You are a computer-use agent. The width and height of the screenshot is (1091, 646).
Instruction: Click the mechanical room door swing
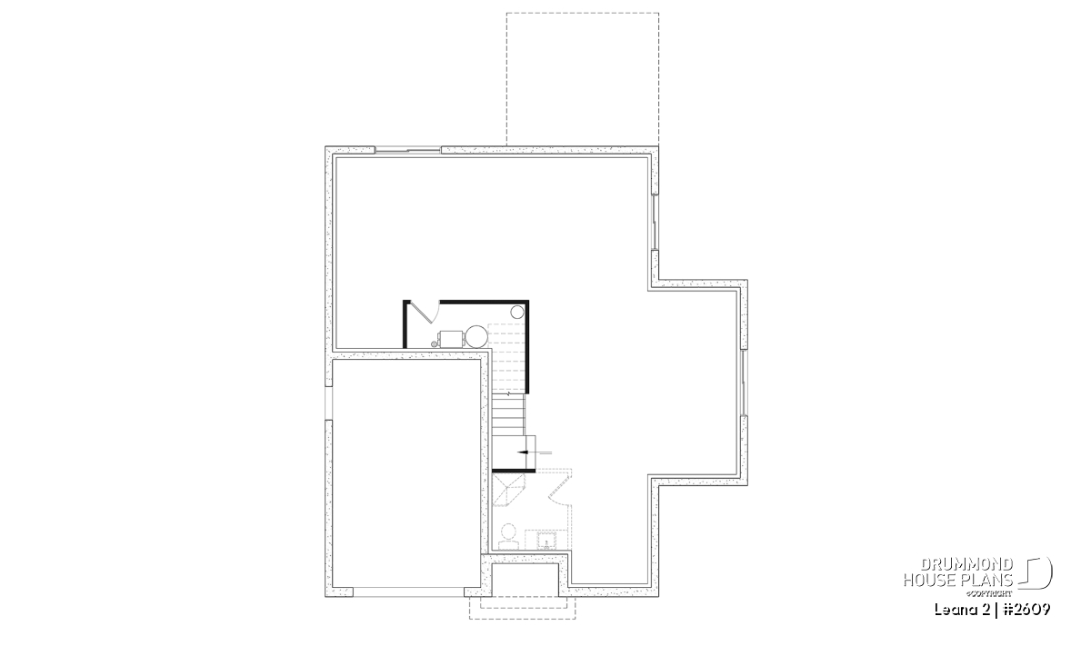tap(423, 312)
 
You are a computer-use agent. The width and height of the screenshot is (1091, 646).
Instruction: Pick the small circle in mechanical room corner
tap(516, 312)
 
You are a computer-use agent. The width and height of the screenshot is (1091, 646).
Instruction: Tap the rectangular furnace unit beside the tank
tap(451, 338)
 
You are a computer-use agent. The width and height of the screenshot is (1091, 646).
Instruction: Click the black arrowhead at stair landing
tap(523, 452)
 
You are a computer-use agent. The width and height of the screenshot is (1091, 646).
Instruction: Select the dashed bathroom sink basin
tap(546, 541)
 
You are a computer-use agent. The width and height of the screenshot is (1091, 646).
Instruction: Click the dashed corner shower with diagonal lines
tap(508, 492)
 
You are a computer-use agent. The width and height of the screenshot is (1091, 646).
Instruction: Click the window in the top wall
tap(407, 151)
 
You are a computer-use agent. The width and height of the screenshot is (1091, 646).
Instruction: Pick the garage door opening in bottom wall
tap(408, 592)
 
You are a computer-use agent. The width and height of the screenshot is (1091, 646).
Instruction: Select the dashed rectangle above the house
tap(583, 79)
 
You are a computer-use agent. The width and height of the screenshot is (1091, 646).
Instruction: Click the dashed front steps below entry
tap(522, 608)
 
